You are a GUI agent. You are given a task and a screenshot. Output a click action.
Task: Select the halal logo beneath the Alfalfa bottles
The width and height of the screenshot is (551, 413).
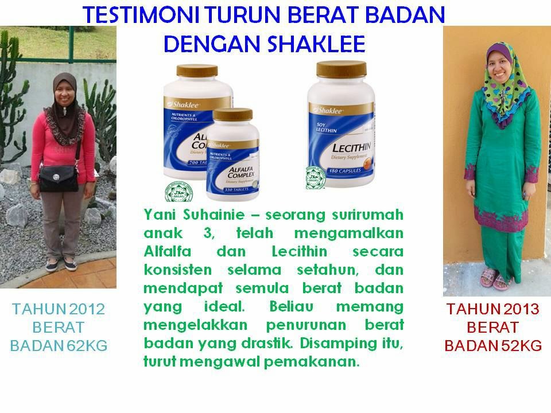(176, 192)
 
